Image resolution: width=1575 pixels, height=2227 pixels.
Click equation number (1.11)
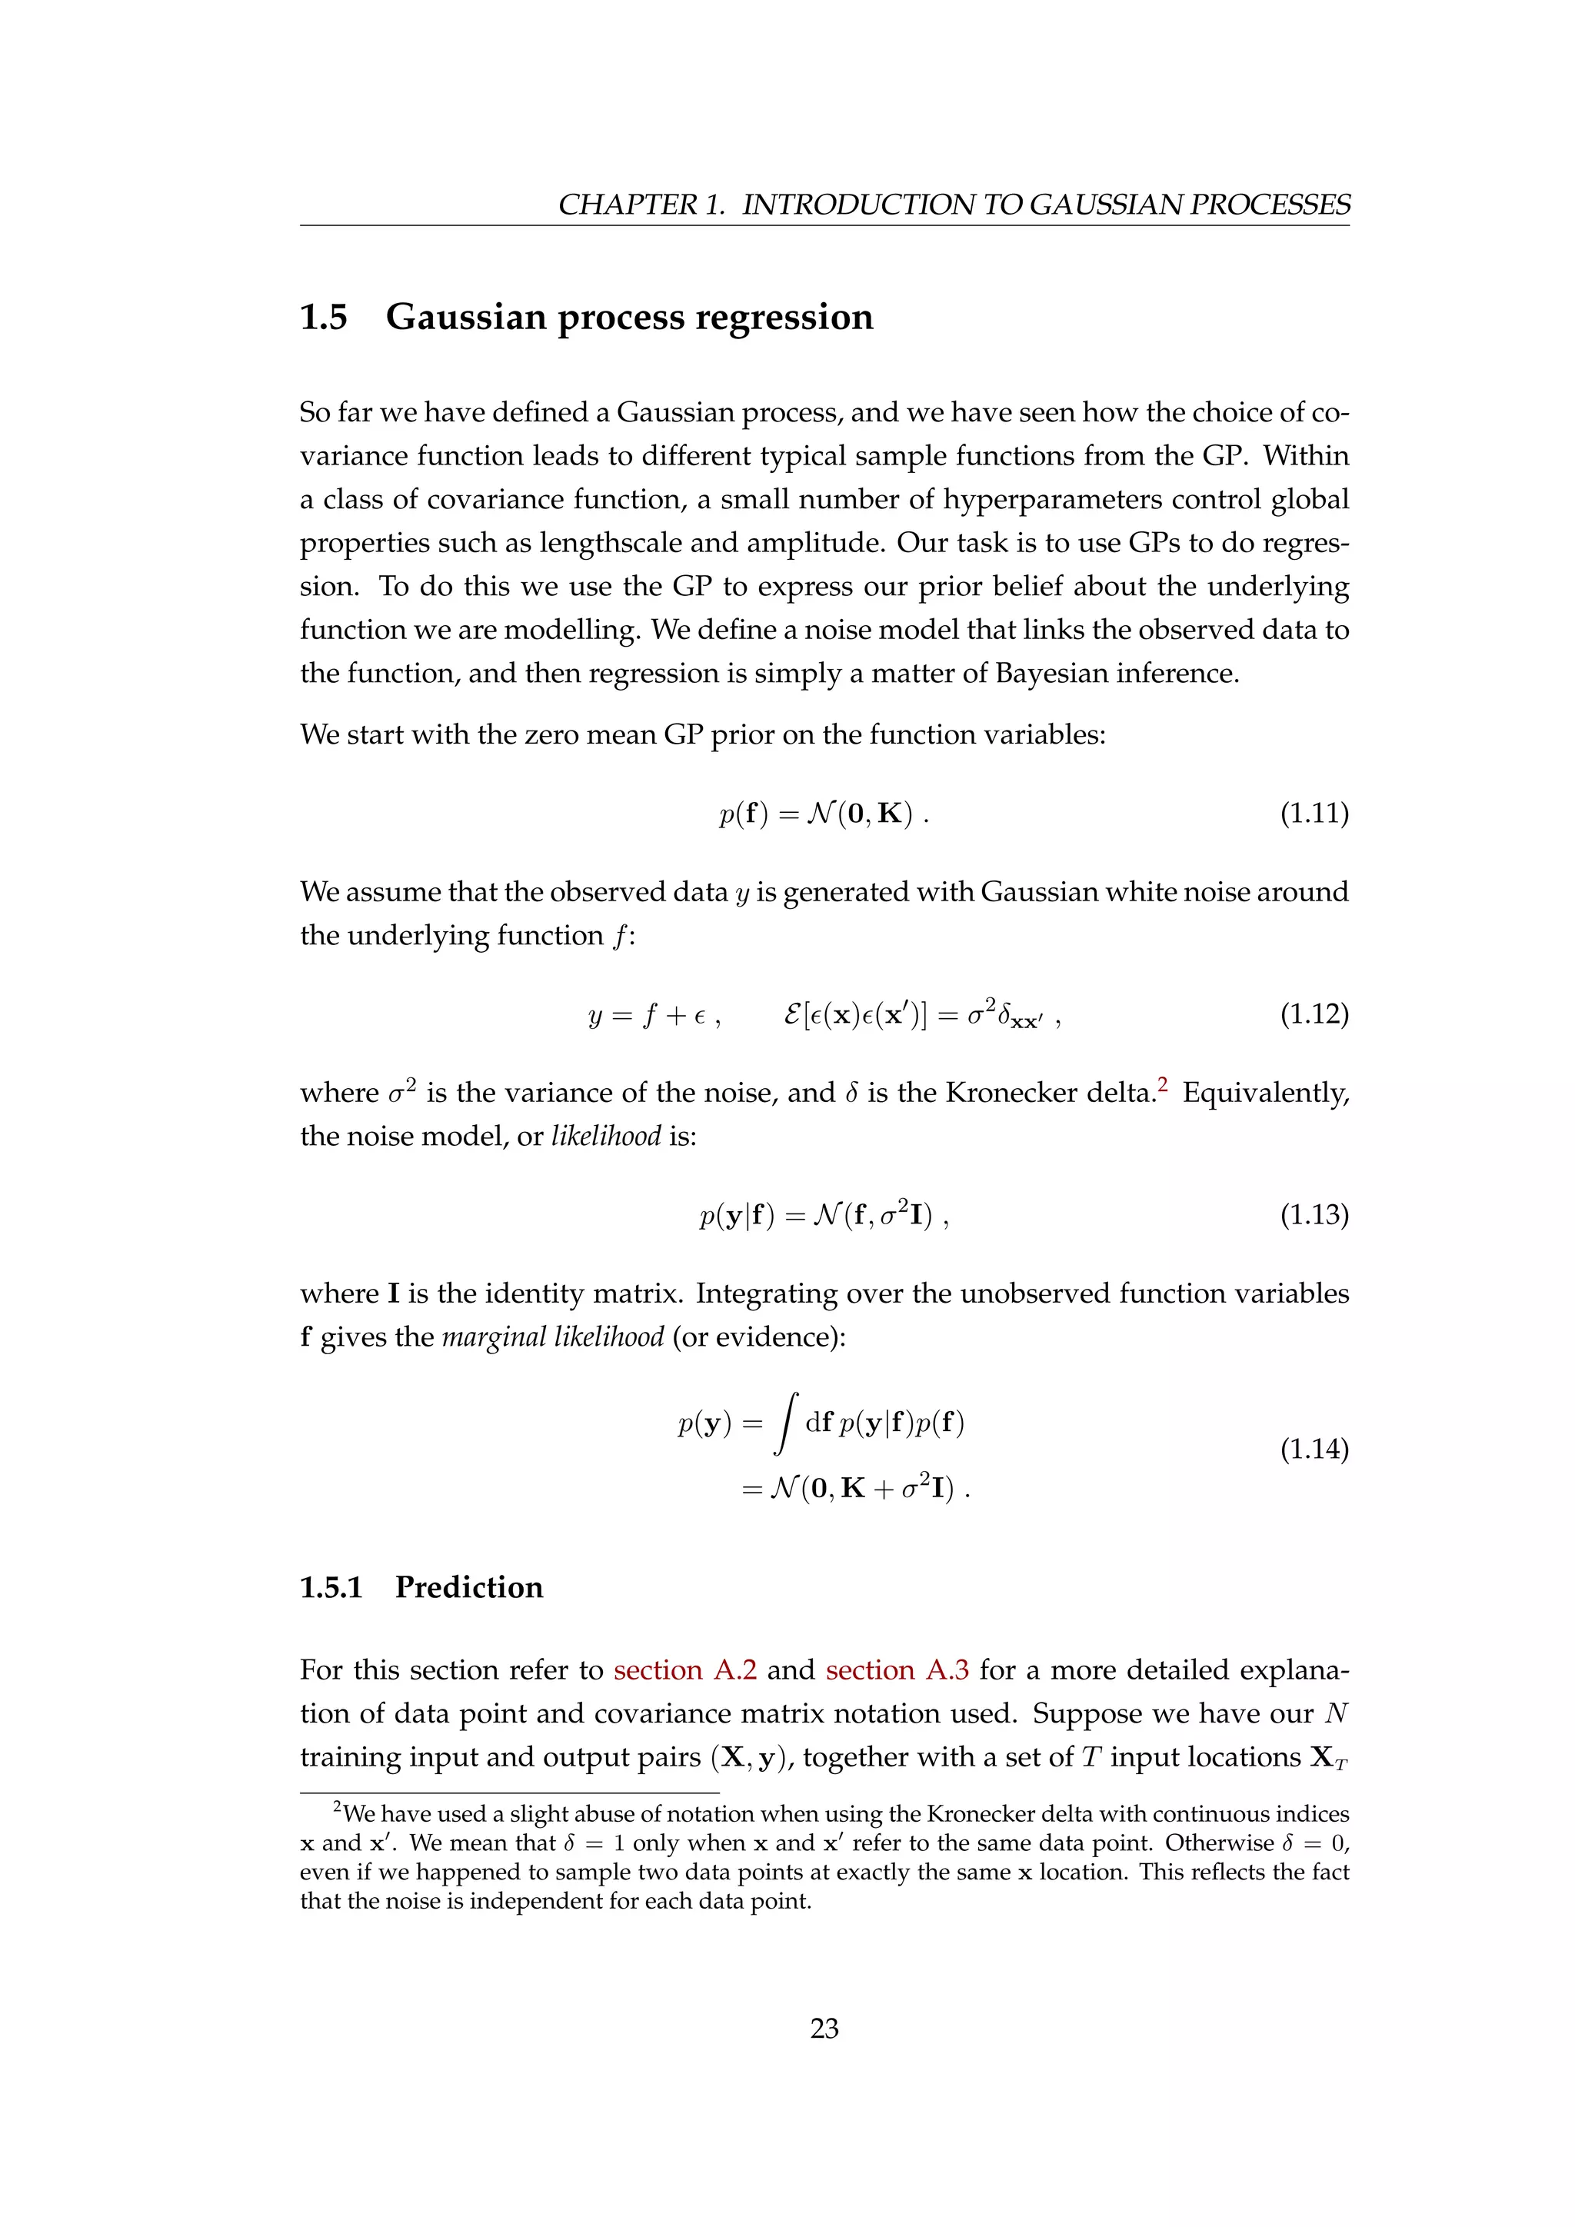click(1314, 813)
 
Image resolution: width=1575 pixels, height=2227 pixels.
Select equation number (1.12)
click(1314, 1014)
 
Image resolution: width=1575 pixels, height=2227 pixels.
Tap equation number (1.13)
click(1314, 1214)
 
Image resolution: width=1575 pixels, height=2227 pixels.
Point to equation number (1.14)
click(1314, 1449)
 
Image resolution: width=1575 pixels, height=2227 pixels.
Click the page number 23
click(824, 2028)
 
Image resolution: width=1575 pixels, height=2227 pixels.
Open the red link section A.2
click(684, 1670)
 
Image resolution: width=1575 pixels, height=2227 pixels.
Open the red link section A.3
click(897, 1670)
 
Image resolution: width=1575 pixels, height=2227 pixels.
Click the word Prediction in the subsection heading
click(469, 1588)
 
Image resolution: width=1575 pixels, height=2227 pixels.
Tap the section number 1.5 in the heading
click(323, 317)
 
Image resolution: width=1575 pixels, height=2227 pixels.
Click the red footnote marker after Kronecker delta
click(1163, 1085)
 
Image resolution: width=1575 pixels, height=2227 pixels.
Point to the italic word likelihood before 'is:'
click(606, 1136)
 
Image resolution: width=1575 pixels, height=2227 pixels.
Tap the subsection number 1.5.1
click(331, 1588)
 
